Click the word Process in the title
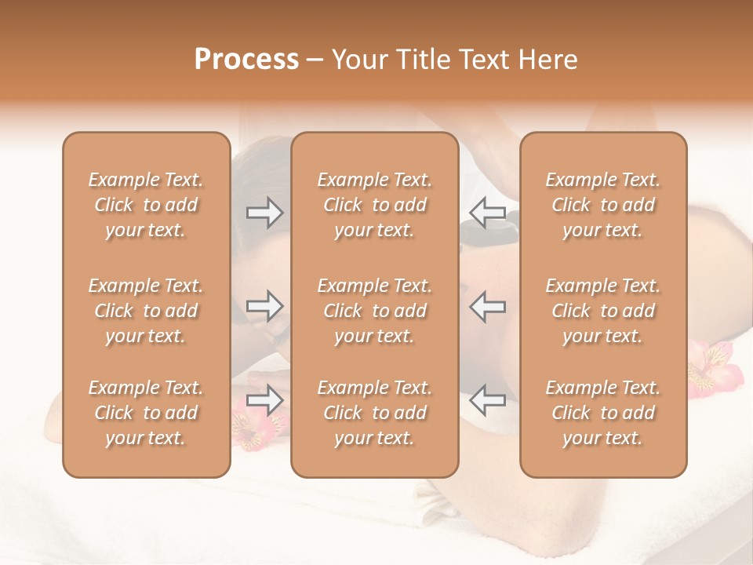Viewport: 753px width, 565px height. click(246, 60)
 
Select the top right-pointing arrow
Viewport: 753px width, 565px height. click(264, 212)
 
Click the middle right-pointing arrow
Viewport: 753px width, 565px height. click(264, 306)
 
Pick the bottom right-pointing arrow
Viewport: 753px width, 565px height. click(264, 400)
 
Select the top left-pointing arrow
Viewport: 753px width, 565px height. click(487, 212)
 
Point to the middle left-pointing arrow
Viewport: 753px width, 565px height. click(487, 306)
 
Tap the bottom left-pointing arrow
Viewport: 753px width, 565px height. click(487, 400)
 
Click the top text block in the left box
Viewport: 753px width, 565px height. click(146, 205)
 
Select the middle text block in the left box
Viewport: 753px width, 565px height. click(146, 311)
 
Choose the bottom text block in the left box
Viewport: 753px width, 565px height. click(146, 413)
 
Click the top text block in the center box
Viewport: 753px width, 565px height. click(374, 205)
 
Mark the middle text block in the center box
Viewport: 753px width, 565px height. click(374, 311)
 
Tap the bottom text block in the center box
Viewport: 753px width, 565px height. click(374, 413)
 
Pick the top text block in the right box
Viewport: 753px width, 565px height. click(603, 205)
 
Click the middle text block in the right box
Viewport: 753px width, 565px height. click(603, 311)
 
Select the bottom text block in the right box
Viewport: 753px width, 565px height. click(603, 413)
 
